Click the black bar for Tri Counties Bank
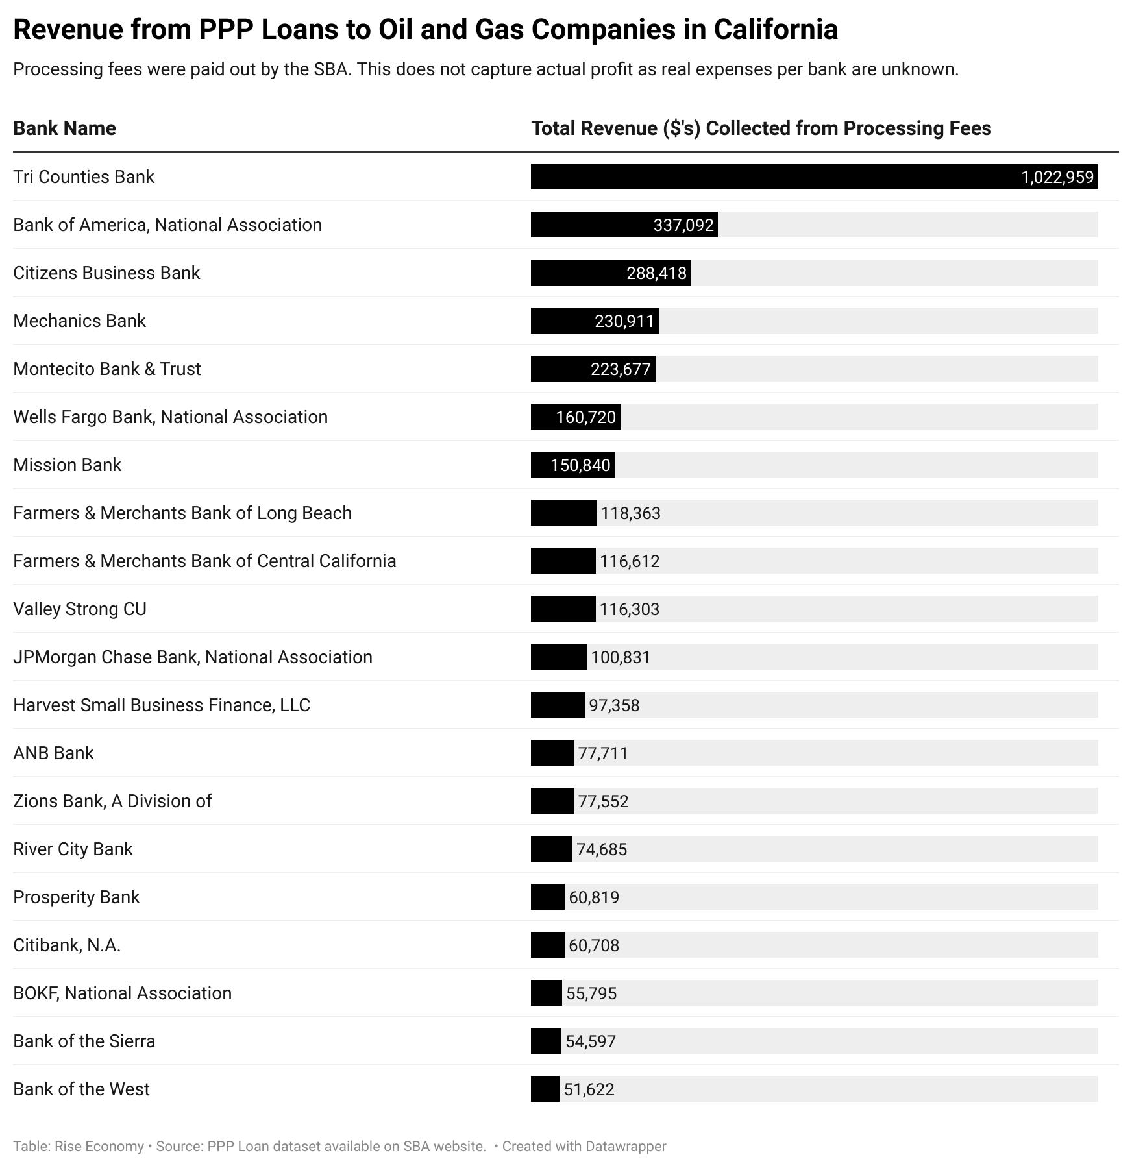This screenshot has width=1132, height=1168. click(x=814, y=176)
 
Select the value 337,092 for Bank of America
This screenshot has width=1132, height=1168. click(x=683, y=225)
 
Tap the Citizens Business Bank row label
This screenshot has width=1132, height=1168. click(x=106, y=273)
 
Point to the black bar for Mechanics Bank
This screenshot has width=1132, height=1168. click(x=595, y=321)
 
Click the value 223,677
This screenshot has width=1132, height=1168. click(x=621, y=369)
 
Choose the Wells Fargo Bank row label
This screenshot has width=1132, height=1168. click(x=170, y=417)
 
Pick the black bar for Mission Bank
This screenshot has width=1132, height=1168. click(x=573, y=465)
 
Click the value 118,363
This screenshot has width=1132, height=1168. click(x=630, y=513)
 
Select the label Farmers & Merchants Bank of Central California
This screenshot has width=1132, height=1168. click(x=204, y=561)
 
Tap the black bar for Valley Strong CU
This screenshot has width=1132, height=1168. click(x=563, y=609)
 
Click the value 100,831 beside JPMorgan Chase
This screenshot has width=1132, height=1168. click(x=621, y=657)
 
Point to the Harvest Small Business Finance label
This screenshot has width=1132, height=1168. click(x=162, y=705)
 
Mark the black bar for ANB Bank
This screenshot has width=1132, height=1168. click(x=552, y=753)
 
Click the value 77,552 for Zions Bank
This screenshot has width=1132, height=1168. click(x=603, y=801)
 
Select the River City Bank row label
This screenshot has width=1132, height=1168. click(x=73, y=849)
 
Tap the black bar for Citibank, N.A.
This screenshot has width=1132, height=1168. click(x=548, y=945)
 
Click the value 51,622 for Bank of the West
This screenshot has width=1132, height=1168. click(x=589, y=1089)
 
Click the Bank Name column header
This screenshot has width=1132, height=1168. click(x=64, y=128)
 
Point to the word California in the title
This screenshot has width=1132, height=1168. click(x=776, y=29)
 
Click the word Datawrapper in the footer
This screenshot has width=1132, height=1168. click(x=626, y=1146)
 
